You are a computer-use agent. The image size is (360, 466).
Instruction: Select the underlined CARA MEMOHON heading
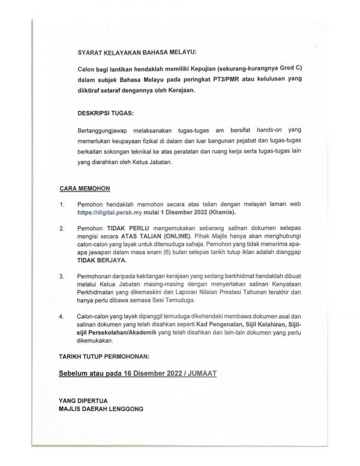(x=80, y=188)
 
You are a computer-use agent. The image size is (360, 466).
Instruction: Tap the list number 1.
(x=62, y=205)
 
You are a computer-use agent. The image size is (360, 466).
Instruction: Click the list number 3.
(x=62, y=276)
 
